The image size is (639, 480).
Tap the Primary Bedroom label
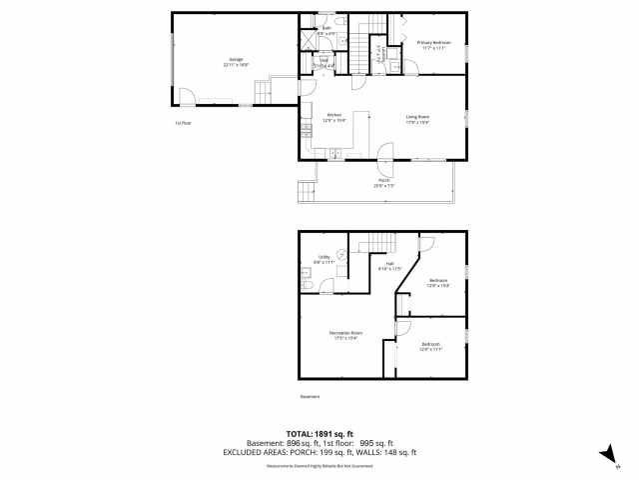tap(433, 44)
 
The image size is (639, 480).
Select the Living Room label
tap(417, 119)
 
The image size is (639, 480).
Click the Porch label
tap(384, 182)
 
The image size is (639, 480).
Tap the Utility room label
tap(323, 259)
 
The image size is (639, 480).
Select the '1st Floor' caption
tap(183, 123)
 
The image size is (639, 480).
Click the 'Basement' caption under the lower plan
tap(311, 397)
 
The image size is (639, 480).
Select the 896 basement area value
tap(293, 443)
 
